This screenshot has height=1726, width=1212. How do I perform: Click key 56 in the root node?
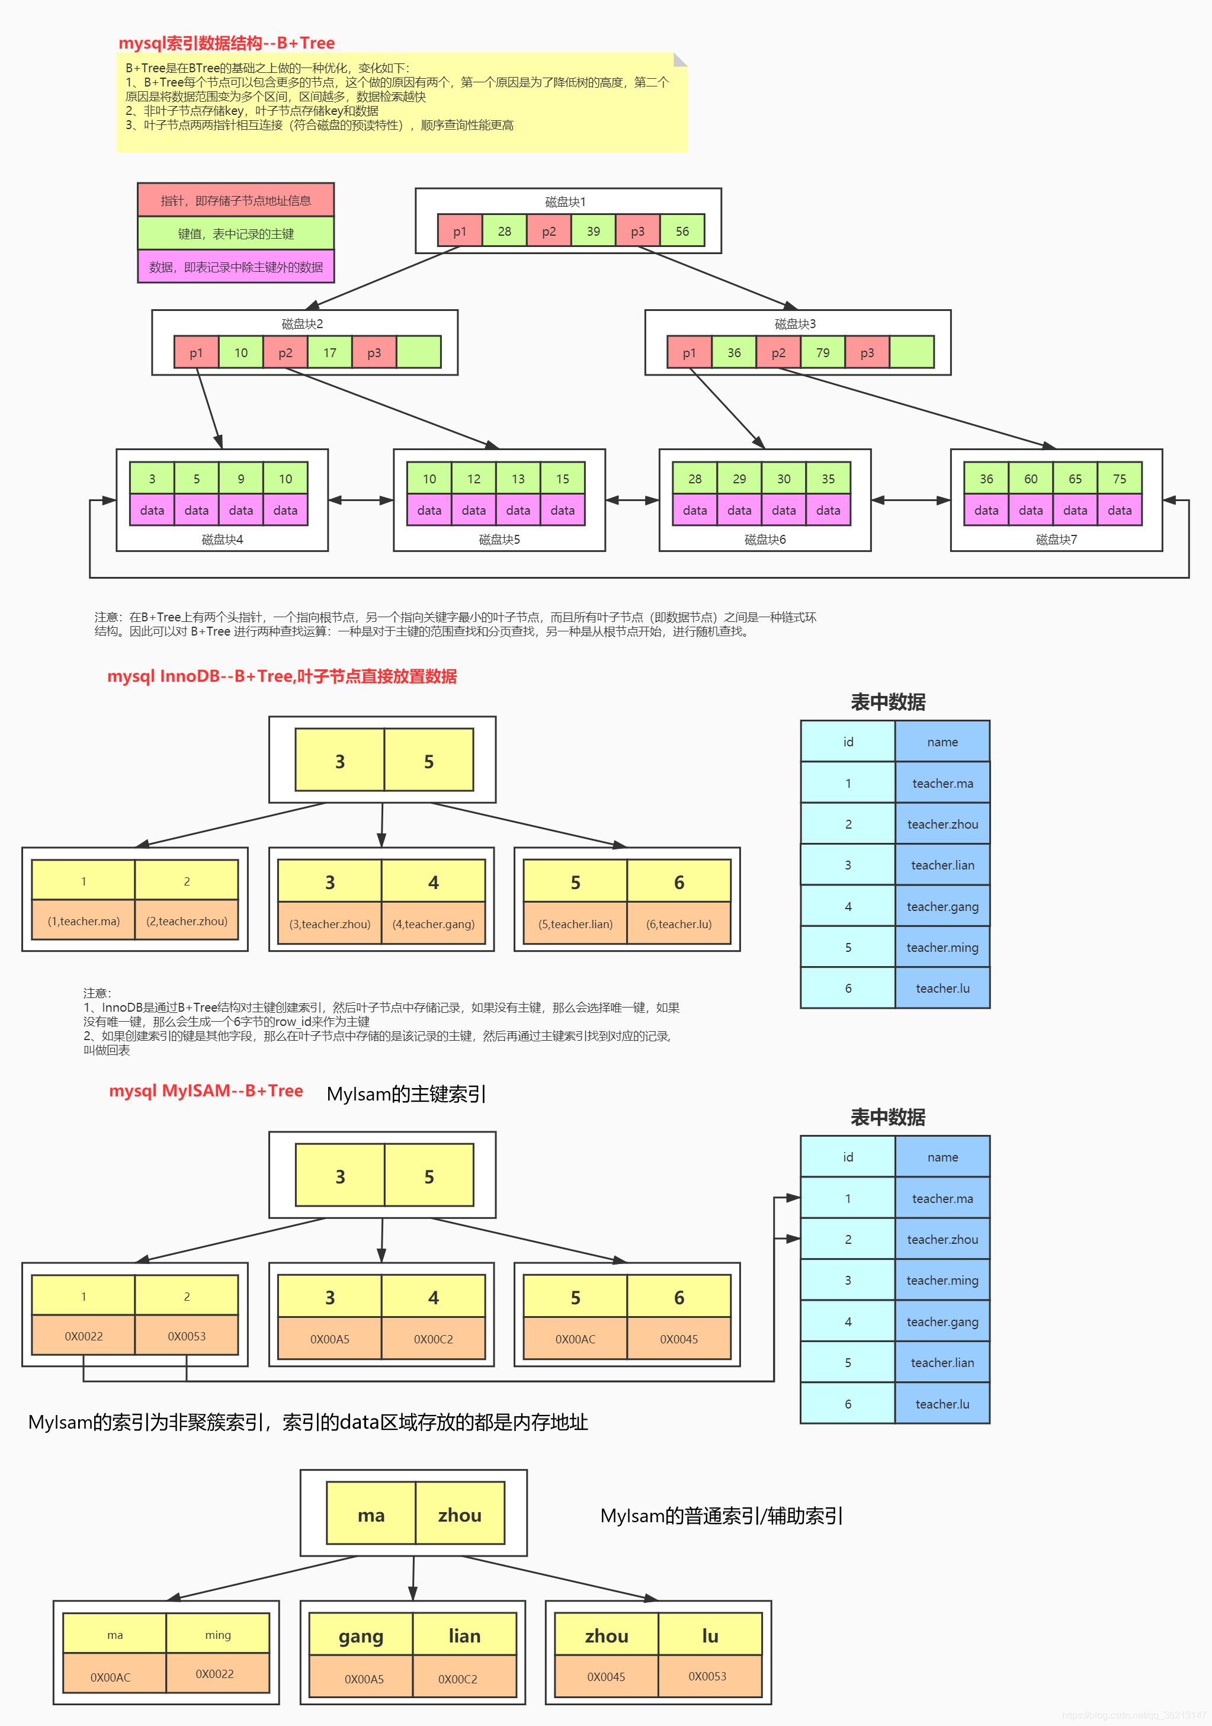point(682,231)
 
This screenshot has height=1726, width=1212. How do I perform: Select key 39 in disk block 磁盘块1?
point(593,231)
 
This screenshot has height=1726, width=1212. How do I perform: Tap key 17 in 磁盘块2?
point(329,352)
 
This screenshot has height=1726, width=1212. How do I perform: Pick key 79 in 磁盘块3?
point(823,352)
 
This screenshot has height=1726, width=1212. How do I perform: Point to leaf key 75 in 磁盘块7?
point(1120,478)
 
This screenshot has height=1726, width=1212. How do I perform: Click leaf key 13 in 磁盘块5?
point(518,478)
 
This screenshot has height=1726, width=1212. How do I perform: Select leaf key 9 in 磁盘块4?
point(241,478)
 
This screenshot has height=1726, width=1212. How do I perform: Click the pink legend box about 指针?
point(235,200)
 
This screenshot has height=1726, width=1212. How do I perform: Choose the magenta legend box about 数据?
point(235,267)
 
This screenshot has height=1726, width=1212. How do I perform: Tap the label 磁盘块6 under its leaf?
point(765,539)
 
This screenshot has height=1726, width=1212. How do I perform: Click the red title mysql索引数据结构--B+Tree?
point(226,43)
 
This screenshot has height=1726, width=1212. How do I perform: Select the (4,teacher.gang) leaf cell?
point(433,924)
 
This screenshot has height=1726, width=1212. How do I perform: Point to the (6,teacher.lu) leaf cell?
point(678,924)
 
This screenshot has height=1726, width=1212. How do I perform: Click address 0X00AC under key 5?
point(575,1339)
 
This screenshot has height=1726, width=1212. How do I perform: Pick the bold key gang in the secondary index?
point(361,1636)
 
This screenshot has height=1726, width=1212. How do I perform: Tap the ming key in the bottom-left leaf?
point(218,1634)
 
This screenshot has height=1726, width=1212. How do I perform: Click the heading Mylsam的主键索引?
point(406,1094)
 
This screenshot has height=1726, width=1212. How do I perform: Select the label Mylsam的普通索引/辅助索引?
point(721,1516)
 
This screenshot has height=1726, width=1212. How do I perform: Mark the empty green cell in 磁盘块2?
point(418,352)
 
